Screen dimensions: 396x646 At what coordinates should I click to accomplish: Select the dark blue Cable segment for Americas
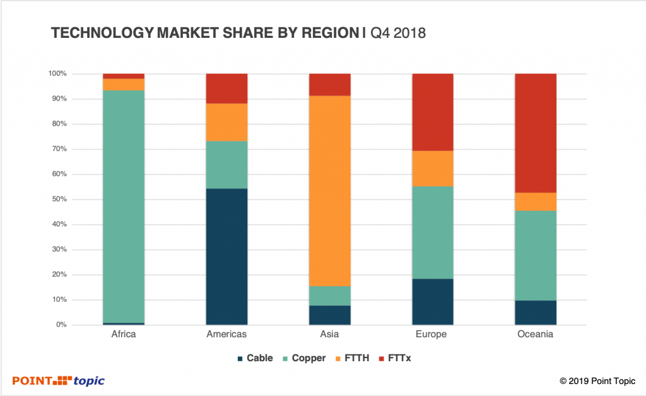tap(227, 256)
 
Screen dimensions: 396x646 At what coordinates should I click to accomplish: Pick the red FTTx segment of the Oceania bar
tap(536, 133)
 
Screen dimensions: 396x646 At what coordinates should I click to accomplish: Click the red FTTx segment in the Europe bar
tap(433, 112)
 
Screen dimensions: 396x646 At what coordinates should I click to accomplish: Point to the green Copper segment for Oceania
tap(536, 255)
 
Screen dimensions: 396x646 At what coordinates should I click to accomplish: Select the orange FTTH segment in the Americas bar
tap(227, 122)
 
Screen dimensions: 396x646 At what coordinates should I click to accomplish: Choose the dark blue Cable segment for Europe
tap(433, 301)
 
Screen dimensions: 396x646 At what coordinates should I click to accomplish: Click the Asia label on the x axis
tap(329, 335)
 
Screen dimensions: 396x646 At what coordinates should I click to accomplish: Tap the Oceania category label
tap(536, 335)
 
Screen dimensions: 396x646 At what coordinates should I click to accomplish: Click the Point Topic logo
tap(59, 380)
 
